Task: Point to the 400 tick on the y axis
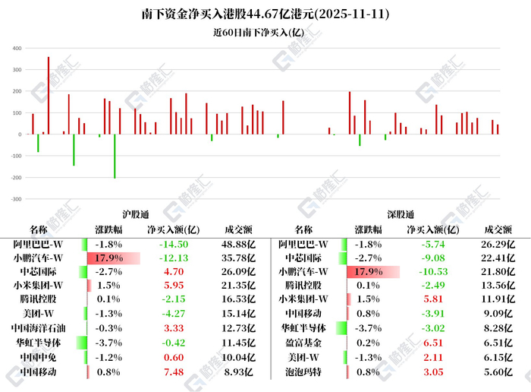[x=17, y=49]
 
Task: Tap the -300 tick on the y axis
[x=15, y=199]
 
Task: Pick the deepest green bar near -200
[x=115, y=156]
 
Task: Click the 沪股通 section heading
[x=133, y=214]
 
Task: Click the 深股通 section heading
[x=397, y=214]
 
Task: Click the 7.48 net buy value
[x=173, y=372]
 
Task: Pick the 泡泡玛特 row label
[x=303, y=372]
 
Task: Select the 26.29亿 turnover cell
[x=499, y=244]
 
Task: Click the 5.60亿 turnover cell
[x=499, y=372]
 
